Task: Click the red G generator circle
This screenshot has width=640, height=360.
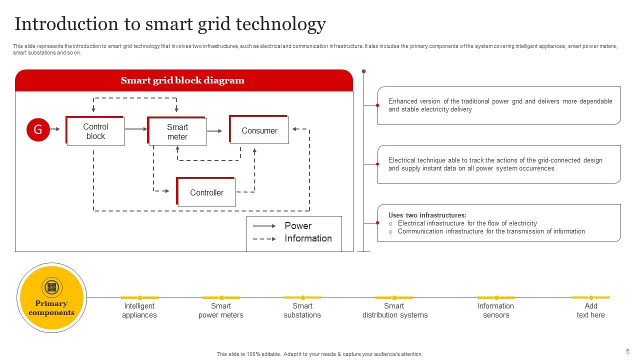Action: coord(38,129)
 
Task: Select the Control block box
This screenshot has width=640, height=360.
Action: coord(95,131)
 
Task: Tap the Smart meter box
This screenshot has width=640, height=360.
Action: coord(177,132)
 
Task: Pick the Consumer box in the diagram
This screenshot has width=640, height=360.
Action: coord(259,130)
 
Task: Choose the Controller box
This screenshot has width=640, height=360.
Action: coord(206,192)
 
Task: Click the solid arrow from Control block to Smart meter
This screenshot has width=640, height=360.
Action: coord(136,129)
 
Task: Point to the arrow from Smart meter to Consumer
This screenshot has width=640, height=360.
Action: coord(214,131)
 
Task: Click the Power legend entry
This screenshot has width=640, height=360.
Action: coord(298,226)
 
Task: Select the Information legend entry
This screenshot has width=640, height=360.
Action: coord(308,238)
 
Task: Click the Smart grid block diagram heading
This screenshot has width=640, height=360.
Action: coord(182,80)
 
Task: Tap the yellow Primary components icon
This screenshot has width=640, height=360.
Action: coord(51,287)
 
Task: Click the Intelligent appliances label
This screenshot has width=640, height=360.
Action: coord(139,310)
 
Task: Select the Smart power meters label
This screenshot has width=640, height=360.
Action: coord(221,310)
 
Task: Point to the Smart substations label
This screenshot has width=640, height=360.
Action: coord(302,310)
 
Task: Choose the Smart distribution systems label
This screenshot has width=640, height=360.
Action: coord(395,310)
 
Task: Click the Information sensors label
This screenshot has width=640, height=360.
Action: coord(496,310)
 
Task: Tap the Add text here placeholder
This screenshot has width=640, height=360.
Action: coord(590,310)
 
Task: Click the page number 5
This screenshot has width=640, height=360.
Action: coord(627,351)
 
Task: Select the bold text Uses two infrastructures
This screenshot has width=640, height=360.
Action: coord(427,215)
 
